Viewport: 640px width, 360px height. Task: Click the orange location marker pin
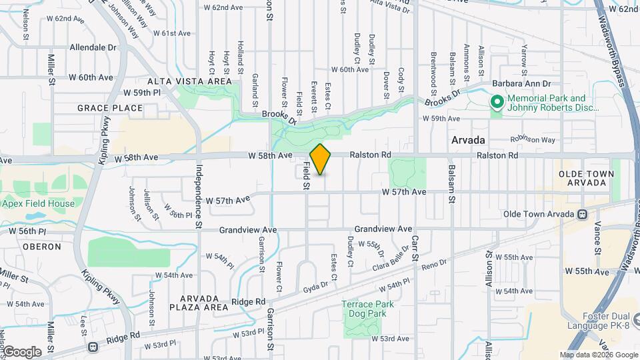(321, 159)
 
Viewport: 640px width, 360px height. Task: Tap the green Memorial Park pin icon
(497, 102)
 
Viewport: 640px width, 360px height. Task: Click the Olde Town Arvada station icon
(583, 214)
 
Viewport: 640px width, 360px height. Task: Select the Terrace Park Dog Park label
(368, 309)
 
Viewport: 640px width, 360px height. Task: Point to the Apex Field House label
(32, 203)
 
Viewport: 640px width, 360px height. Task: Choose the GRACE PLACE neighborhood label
(110, 108)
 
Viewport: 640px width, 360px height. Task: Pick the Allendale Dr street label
(93, 48)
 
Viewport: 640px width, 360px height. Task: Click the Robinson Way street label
(533, 140)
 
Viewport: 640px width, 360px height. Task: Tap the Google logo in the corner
(22, 351)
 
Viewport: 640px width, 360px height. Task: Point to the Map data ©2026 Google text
(598, 355)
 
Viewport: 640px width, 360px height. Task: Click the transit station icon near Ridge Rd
(92, 346)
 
